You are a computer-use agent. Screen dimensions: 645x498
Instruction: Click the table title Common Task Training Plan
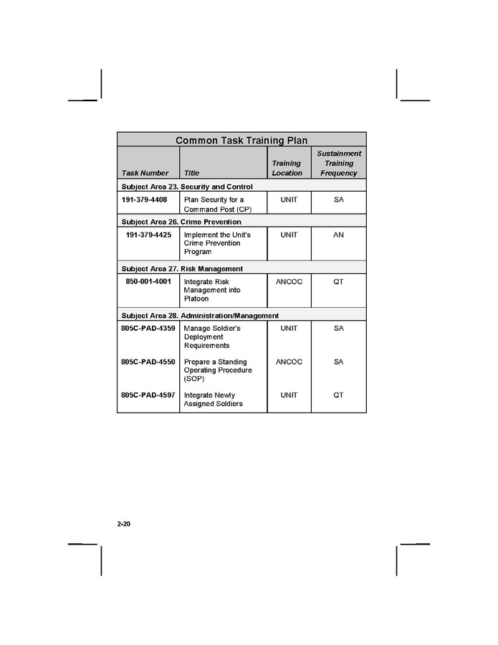point(241,141)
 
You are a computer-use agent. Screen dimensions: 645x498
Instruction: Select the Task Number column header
point(145,173)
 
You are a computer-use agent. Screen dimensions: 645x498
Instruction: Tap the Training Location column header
point(287,168)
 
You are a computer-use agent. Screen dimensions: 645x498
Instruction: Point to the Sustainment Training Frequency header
point(339,163)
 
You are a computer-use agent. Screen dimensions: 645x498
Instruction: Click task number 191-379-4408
point(144,199)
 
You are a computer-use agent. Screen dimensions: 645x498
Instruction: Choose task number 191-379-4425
point(148,235)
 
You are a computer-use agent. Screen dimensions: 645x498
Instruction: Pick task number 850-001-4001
point(148,282)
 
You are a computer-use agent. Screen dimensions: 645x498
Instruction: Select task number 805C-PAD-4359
point(148,329)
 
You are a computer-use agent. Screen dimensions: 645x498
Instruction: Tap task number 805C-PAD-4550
point(148,362)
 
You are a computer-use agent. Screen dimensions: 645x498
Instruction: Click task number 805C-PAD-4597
point(148,395)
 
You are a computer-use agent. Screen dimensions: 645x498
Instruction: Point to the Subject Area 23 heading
point(186,187)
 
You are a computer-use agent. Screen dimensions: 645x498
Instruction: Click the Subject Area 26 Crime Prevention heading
point(181,222)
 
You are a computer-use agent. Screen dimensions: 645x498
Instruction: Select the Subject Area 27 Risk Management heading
point(182,268)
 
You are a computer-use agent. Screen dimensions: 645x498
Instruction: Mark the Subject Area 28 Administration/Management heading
point(200,316)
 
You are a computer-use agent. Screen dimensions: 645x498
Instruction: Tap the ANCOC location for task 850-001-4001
point(289,282)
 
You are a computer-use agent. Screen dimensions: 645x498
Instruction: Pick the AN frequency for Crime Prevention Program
point(339,235)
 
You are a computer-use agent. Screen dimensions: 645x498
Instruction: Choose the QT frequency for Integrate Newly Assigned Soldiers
point(339,395)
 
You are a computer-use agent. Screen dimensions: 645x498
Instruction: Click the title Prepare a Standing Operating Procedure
point(218,370)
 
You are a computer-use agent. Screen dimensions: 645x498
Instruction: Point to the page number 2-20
point(123,524)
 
